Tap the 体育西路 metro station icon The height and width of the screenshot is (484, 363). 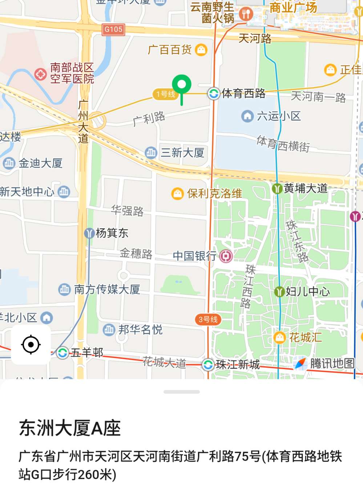coord(213,93)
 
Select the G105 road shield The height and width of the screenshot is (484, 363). coord(113,29)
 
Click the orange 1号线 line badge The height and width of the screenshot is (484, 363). coord(165,94)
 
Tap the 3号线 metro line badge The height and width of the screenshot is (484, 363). coord(208,319)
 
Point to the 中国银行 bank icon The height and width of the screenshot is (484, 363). coord(226,256)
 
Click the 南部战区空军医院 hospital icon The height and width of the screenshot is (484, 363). coord(40,74)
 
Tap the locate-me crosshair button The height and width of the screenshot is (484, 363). coord(31,344)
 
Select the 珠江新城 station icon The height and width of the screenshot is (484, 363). coord(208,364)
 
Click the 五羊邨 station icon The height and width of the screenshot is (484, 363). coord(62,352)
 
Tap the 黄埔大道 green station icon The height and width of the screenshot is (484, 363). coord(277,189)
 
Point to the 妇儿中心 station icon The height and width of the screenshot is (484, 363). coord(279,291)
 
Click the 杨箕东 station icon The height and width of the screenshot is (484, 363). coord(89,233)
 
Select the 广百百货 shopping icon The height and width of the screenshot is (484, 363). coord(201,49)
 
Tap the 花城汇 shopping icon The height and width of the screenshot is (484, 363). coord(279,338)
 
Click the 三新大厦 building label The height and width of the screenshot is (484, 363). coord(182,153)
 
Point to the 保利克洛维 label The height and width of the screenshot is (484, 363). coord(214,193)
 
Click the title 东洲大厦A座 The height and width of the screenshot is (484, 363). coord(70,428)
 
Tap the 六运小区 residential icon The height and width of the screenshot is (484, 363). coord(247,116)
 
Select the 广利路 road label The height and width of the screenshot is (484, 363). coord(149,119)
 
